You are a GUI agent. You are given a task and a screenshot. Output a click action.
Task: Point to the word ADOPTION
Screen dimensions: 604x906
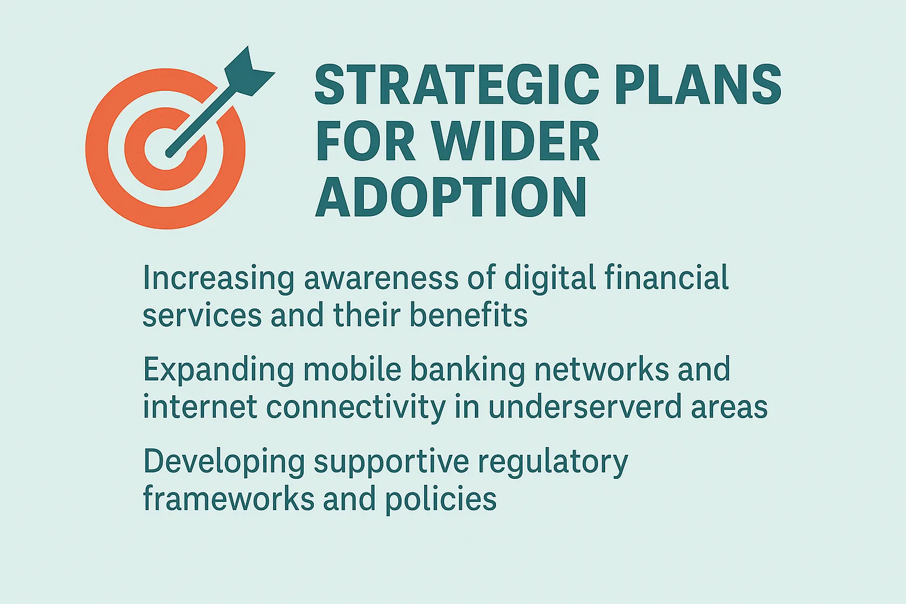click(x=451, y=198)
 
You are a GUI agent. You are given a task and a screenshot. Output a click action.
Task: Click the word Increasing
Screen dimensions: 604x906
click(x=218, y=278)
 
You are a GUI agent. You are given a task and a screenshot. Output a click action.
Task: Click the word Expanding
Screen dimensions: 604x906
click(x=218, y=370)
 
